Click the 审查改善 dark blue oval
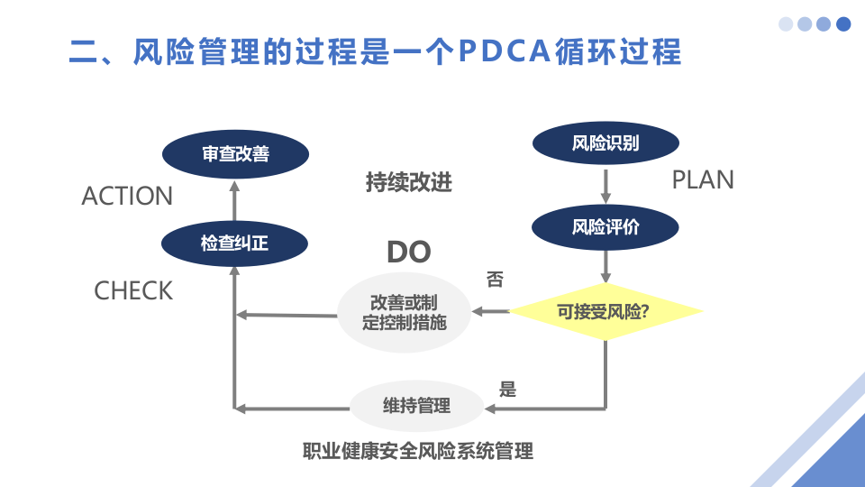(235, 154)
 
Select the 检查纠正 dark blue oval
(234, 243)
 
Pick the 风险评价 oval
(605, 226)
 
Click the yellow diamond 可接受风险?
(605, 312)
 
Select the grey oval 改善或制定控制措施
(404, 312)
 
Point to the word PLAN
(703, 180)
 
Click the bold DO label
(408, 253)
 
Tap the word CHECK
(133, 290)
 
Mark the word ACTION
(127, 196)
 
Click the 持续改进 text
(408, 182)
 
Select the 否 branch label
(495, 280)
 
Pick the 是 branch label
(507, 390)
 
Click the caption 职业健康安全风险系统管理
(417, 451)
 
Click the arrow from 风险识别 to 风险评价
(605, 186)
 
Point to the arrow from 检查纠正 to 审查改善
(234, 199)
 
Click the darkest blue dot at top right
(843, 24)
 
